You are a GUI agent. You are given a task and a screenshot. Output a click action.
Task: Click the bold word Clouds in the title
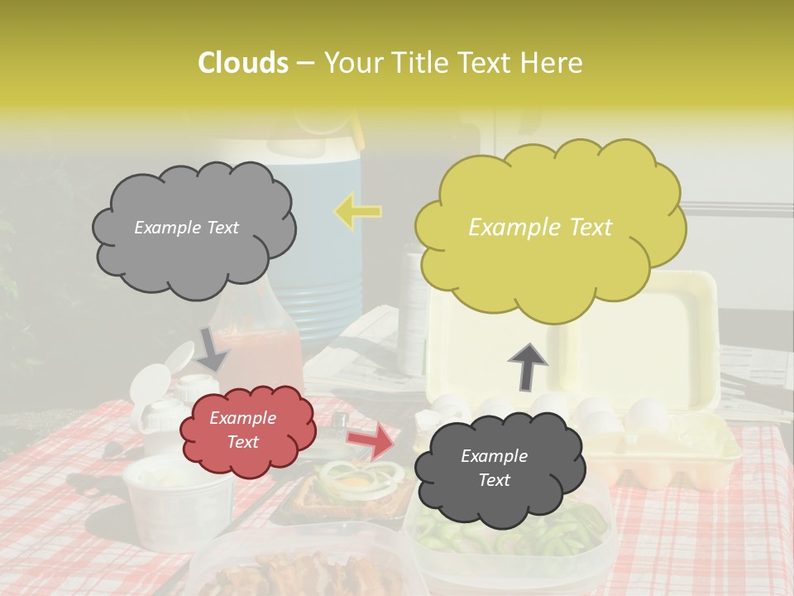point(244,63)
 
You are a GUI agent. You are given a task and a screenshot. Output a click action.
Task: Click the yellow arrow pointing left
point(358,210)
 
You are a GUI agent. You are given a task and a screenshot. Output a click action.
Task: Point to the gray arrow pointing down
point(213,348)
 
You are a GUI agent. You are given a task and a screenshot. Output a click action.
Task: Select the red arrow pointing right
point(371,440)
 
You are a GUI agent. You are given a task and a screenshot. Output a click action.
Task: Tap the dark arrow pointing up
point(528,367)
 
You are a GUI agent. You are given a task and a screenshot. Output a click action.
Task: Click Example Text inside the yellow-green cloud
point(540,228)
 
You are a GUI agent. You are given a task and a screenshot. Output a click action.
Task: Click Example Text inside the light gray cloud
point(186,228)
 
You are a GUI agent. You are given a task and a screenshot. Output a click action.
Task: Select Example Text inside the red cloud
point(243,430)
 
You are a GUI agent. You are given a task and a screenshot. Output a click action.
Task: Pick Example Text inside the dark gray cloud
point(495,468)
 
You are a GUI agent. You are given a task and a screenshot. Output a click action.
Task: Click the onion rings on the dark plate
point(364,480)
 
